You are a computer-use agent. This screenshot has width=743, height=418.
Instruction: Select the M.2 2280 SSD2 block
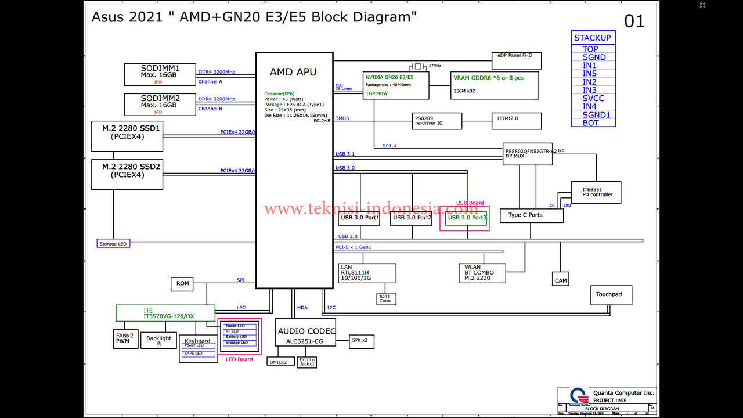[x=127, y=175]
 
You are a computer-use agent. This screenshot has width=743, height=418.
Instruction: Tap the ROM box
[x=182, y=284]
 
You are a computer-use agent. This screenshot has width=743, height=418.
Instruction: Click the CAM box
[x=561, y=280]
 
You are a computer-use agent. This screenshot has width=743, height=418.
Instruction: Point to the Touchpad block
[x=611, y=295]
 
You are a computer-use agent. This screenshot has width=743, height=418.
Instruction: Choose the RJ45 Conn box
[x=385, y=299]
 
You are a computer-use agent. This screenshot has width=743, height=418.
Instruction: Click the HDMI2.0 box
[x=516, y=121]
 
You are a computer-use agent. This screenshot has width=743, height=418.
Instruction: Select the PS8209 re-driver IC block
[x=437, y=121]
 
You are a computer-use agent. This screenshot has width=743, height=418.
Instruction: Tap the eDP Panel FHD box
[x=516, y=60]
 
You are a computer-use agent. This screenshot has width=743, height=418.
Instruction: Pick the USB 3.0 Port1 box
[x=359, y=218]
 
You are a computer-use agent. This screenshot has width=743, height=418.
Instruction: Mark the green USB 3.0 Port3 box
[x=466, y=218]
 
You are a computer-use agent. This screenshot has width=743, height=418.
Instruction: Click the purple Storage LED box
[x=113, y=244]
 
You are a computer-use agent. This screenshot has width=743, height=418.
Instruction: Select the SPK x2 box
[x=361, y=341]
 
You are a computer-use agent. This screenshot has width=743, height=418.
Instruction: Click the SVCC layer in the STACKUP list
[x=593, y=98]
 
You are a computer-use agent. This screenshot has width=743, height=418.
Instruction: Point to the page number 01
[x=634, y=22]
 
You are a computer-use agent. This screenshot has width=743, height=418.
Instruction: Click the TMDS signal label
[x=342, y=119]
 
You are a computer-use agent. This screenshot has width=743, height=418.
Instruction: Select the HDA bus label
[x=302, y=308]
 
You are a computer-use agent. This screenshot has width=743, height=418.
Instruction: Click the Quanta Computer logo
[x=576, y=395]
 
